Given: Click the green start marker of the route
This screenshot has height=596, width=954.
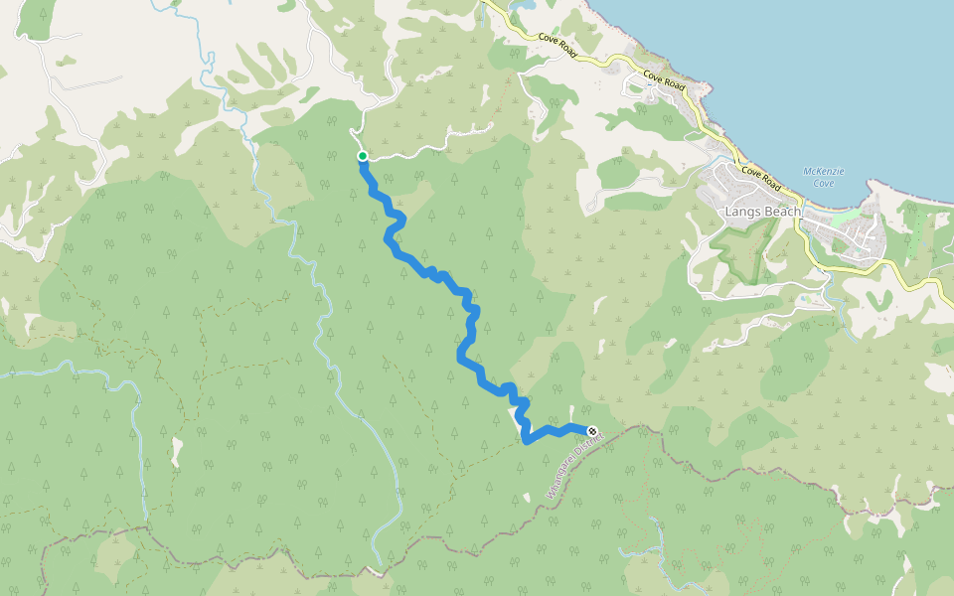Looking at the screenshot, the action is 363,156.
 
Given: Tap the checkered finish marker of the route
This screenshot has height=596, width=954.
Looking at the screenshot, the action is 592,430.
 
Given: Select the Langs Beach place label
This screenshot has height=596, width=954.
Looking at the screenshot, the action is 762,212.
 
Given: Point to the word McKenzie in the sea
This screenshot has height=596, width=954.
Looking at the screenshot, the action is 824,171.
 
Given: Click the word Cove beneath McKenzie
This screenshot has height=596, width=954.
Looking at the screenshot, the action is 824,183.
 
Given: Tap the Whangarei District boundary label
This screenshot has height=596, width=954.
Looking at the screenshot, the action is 575,465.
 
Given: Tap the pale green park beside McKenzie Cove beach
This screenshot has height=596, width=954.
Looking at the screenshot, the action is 844,216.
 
